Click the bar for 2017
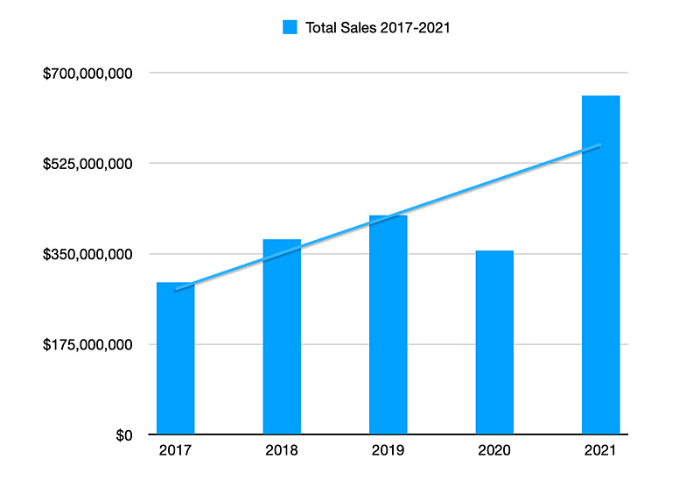pyautogui.click(x=176, y=358)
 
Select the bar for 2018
pyautogui.click(x=282, y=336)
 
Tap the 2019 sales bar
pyautogui.click(x=388, y=324)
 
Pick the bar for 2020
pyautogui.click(x=494, y=342)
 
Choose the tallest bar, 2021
pyautogui.click(x=600, y=265)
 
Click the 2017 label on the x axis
pyautogui.click(x=176, y=450)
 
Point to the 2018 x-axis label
pyautogui.click(x=282, y=450)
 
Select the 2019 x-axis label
pyautogui.click(x=388, y=450)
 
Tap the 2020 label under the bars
pyautogui.click(x=494, y=450)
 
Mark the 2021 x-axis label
pyautogui.click(x=600, y=450)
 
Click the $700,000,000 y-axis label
pyautogui.click(x=87, y=74)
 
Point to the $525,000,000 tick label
pyautogui.click(x=87, y=164)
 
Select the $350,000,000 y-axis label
pyautogui.click(x=87, y=254)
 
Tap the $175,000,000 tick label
pyautogui.click(x=87, y=344)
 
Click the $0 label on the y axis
pyautogui.click(x=124, y=435)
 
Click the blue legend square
pyautogui.click(x=290, y=27)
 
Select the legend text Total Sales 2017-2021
pyautogui.click(x=378, y=28)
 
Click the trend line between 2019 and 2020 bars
pyautogui.click(x=441, y=197)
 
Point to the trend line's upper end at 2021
pyautogui.click(x=600, y=145)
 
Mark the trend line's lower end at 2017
pyautogui.click(x=176, y=290)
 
